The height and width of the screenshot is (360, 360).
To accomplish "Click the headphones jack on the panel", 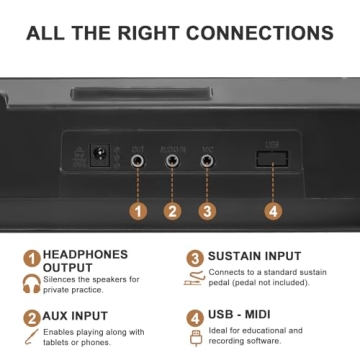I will point(138,158).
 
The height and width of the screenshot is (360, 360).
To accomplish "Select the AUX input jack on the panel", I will point(172,158).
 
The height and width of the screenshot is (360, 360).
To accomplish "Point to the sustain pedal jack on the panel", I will point(207,158).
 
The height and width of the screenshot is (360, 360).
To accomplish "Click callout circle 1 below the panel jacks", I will point(138,211).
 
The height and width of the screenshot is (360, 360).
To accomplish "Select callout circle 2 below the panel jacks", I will point(172,211).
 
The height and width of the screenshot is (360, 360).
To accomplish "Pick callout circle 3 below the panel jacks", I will point(207,211).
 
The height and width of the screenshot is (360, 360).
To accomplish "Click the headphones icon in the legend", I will point(32,283).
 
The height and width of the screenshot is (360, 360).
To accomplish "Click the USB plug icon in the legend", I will point(194,338).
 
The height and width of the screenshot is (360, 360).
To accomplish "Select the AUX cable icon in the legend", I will point(32,339).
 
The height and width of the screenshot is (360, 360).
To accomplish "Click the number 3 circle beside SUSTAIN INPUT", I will point(193,258).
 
